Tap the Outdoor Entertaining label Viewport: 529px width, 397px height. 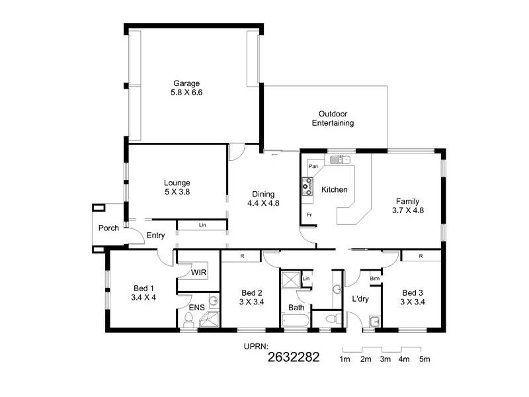click(x=333, y=118)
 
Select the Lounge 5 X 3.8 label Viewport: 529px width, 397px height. click(x=177, y=187)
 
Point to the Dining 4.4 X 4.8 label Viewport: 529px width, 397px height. click(x=263, y=198)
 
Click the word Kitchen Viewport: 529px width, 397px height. click(x=334, y=190)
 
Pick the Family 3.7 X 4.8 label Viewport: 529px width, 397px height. click(x=407, y=206)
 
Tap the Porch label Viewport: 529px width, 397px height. click(x=108, y=228)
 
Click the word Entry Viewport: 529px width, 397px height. click(x=155, y=235)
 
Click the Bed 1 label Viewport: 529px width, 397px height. click(x=143, y=292)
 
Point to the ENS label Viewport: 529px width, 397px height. click(x=198, y=308)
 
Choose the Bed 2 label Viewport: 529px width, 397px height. click(x=252, y=298)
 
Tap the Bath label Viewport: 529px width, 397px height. click(x=296, y=308)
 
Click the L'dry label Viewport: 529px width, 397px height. click(x=360, y=299)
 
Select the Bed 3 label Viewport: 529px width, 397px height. click(x=413, y=298)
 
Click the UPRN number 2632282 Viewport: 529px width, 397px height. click(x=294, y=358)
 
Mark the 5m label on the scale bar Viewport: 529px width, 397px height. click(x=424, y=359)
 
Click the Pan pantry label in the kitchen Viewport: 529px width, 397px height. click(x=313, y=166)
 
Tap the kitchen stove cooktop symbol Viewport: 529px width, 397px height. click(x=307, y=187)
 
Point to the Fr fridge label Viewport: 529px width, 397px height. click(x=309, y=215)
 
